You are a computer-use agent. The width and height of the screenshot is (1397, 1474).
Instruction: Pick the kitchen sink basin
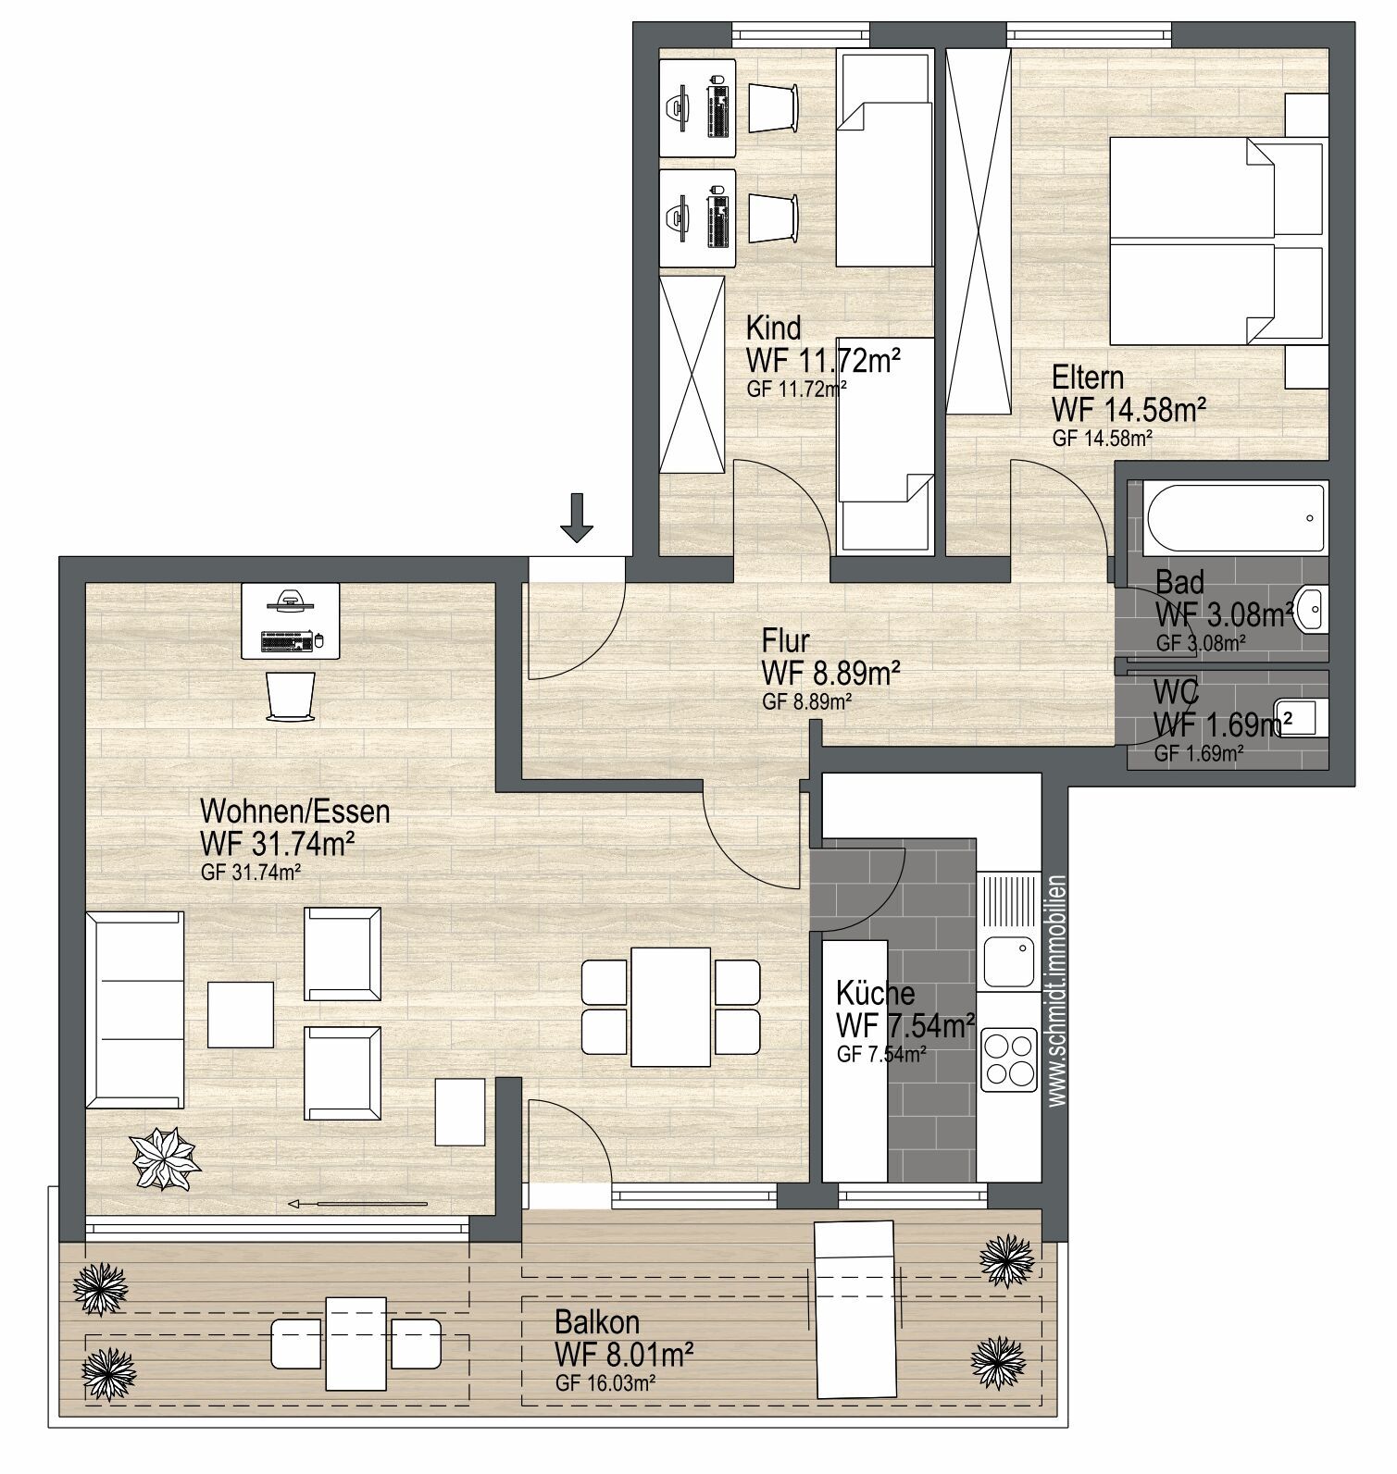click(1008, 961)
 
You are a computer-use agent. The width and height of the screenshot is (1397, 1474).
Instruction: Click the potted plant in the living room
click(166, 1158)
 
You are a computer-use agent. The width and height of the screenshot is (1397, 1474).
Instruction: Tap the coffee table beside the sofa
click(241, 1014)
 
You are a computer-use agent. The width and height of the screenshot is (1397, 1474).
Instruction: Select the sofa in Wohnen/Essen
click(135, 1010)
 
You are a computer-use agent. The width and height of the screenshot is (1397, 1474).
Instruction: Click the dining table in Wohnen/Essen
click(671, 1007)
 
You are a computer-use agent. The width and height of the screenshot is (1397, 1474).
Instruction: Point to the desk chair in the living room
click(291, 696)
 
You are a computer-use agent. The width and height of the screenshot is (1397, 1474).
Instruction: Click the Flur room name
click(786, 640)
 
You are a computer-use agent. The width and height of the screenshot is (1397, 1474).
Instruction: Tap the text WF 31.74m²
click(279, 844)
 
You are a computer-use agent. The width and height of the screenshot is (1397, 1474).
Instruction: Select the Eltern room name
click(1088, 378)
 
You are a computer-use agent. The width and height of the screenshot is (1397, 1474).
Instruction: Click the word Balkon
click(597, 1321)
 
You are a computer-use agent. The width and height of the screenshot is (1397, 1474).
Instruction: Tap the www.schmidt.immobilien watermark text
click(1057, 990)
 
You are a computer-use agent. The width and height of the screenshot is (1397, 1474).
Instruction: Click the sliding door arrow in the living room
click(357, 1204)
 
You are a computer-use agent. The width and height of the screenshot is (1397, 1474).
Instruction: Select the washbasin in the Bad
click(1313, 609)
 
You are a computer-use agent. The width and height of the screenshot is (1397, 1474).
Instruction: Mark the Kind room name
click(774, 328)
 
